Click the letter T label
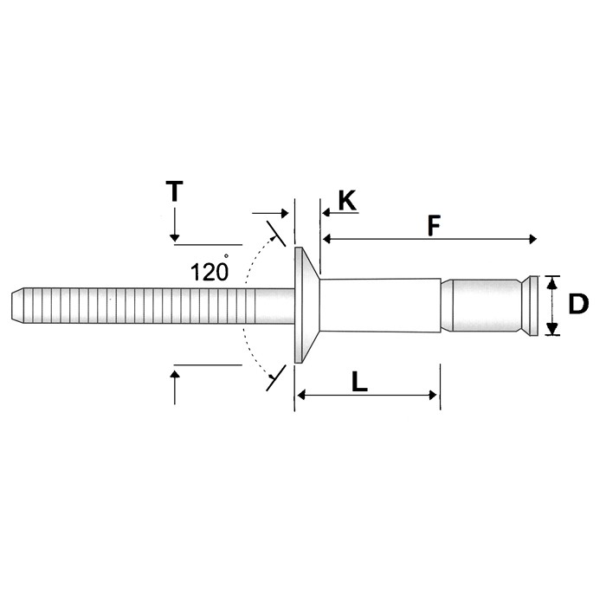coord(175,190)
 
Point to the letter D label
coord(577,304)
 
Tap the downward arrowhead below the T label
coord(175,235)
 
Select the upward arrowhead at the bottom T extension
coord(175,375)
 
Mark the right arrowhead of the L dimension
coord(433,396)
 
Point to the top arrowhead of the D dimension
coord(552,280)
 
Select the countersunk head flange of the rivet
coord(301,304)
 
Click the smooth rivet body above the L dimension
coord(381,304)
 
